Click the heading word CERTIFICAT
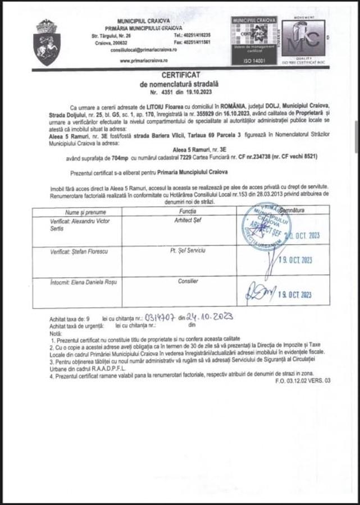point(179,75)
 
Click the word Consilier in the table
point(188,281)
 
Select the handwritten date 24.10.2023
point(209,316)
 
